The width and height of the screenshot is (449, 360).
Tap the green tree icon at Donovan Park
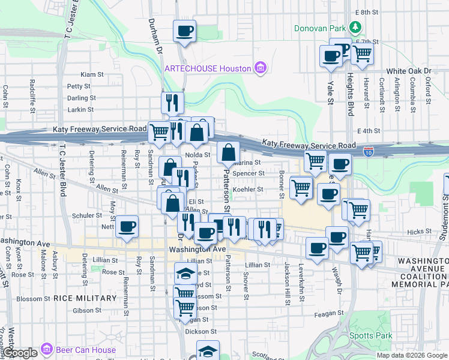pyautogui.click(x=356, y=28)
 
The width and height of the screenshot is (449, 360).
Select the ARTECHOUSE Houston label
pyautogui.click(x=208, y=68)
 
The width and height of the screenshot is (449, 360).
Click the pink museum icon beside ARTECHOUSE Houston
pyautogui.click(x=260, y=68)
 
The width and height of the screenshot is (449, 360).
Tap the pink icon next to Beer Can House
pyautogui.click(x=46, y=349)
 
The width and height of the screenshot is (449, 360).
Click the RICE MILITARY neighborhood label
pyautogui.click(x=85, y=298)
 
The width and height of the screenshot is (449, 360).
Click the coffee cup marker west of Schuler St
pyautogui.click(x=127, y=227)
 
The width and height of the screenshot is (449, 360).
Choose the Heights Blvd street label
pyautogui.click(x=350, y=91)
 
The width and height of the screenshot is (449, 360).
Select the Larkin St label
pyautogui.click(x=81, y=110)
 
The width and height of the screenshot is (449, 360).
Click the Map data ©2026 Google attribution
pyautogui.click(x=412, y=355)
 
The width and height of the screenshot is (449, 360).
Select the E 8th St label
pyautogui.click(x=368, y=12)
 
